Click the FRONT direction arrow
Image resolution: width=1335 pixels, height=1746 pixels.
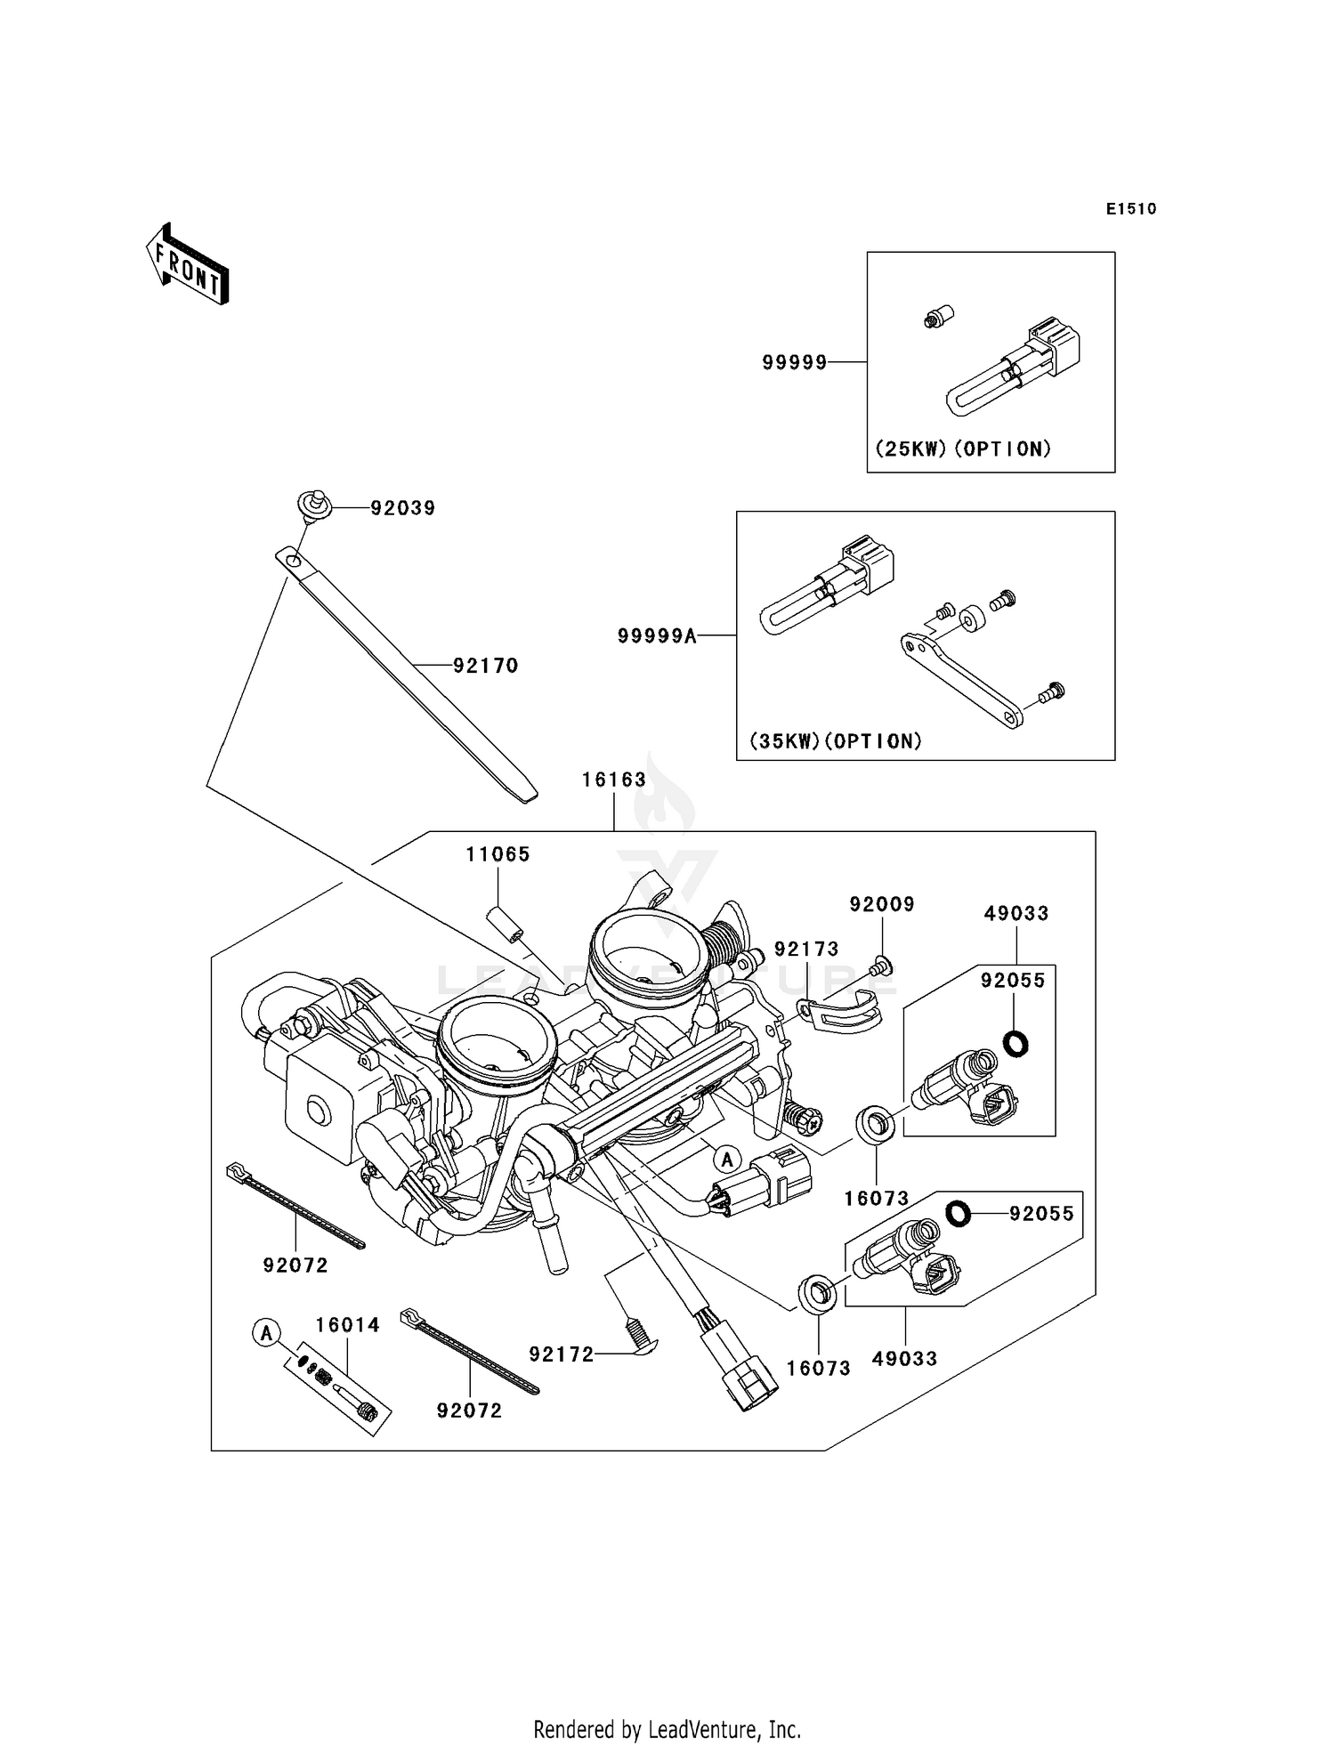click(188, 265)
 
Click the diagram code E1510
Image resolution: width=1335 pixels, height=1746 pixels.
click(1131, 209)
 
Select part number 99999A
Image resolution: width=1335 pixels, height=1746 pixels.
click(657, 635)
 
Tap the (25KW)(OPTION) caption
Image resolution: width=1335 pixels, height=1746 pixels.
click(964, 449)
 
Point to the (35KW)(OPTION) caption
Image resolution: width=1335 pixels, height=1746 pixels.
click(836, 740)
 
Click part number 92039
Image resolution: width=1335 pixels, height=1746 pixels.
click(403, 508)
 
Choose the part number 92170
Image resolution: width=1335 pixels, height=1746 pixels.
click(486, 666)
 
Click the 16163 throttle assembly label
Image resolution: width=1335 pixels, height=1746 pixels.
click(614, 780)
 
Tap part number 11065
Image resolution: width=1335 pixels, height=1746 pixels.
click(498, 854)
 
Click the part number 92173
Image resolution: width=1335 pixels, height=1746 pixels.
click(806, 950)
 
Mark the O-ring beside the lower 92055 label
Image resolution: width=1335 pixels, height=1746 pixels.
click(958, 1213)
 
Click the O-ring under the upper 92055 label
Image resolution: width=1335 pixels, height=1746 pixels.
click(1015, 1043)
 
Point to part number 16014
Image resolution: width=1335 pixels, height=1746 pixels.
click(348, 1325)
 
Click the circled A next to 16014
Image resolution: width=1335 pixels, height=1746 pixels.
click(265, 1333)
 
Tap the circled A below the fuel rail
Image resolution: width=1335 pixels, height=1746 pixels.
click(728, 1160)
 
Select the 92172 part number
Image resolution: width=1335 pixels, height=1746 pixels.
click(562, 1354)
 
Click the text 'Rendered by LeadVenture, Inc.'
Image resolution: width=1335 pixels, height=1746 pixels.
click(667, 1729)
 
